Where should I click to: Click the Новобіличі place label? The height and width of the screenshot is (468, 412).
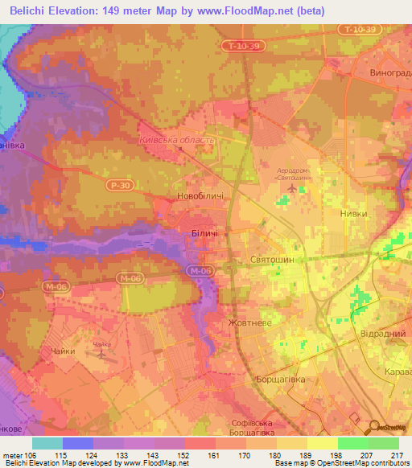[x=200, y=196]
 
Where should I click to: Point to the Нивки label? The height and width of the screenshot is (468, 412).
[x=353, y=214]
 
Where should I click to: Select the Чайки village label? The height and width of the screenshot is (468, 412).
[x=63, y=351]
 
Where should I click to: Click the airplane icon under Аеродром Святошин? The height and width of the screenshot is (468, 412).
[x=290, y=187]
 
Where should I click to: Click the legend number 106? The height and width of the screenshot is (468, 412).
[x=31, y=454]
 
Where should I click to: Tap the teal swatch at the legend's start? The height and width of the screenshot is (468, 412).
[x=47, y=442]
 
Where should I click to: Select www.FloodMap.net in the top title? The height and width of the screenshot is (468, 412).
[x=257, y=10]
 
